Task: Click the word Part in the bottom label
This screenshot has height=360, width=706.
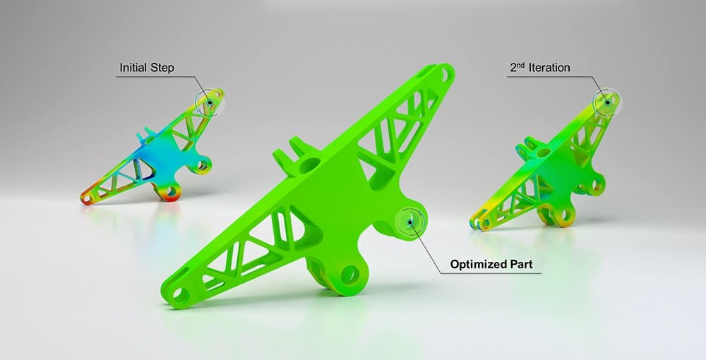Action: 525,266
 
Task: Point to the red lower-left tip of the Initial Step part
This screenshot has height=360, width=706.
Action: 88,198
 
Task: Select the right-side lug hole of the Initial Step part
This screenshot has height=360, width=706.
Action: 203,167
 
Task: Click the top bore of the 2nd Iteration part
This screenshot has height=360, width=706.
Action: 542,152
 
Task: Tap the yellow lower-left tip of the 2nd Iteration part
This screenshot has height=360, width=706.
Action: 477,223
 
